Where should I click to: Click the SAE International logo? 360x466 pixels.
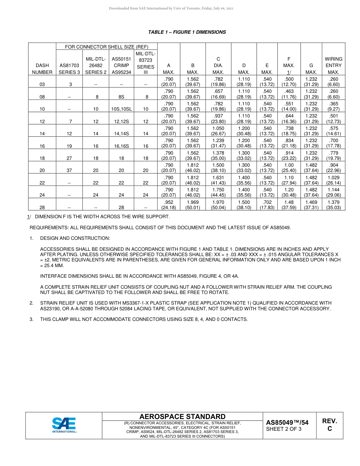click(64, 425)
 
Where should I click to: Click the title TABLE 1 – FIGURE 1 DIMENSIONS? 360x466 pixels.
click(187, 32)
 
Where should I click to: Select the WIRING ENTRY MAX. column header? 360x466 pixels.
click(333, 66)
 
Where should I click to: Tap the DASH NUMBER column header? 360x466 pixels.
click(42, 69)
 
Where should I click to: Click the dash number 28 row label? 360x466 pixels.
click(42, 208)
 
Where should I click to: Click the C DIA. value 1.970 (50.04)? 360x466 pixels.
click(218, 205)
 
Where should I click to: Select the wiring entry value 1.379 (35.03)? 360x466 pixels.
click(333, 205)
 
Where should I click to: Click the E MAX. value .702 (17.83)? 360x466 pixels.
click(267, 205)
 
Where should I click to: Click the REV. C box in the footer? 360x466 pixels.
click(329, 425)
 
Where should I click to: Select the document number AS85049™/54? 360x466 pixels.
click(287, 422)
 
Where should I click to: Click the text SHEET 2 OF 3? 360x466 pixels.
click(284, 429)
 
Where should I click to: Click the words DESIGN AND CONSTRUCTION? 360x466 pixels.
click(75, 238)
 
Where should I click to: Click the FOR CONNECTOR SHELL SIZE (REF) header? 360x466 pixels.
click(106, 47)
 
